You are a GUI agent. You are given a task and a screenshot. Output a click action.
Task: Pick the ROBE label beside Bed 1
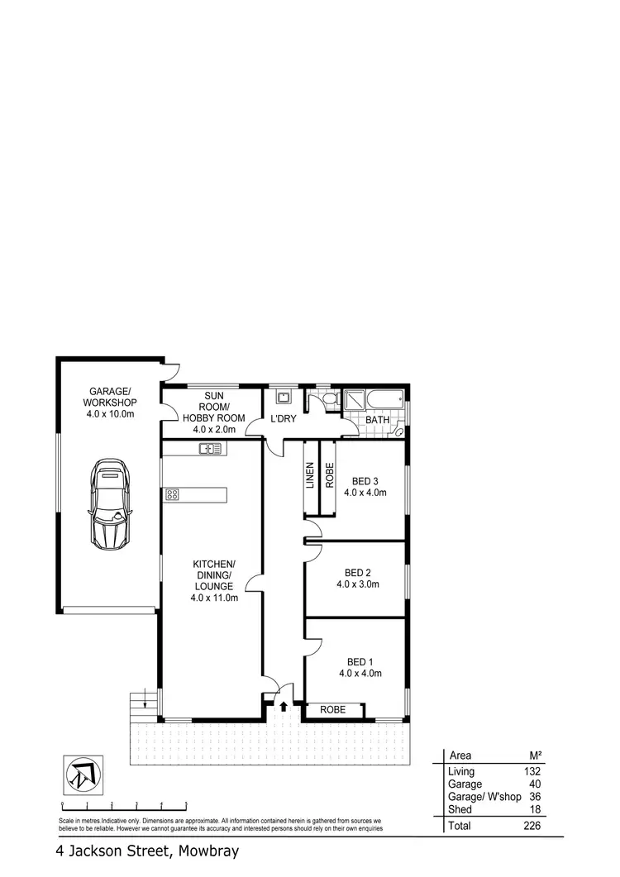point(335,710)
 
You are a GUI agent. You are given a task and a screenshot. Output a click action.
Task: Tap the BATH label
point(378,420)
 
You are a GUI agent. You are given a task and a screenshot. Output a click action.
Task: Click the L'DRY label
point(284,419)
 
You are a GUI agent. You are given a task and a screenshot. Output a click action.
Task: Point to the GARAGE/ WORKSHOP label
point(110,396)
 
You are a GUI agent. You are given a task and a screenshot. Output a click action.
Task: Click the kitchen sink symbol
point(211,449)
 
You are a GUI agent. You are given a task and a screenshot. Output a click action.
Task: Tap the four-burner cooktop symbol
point(173,494)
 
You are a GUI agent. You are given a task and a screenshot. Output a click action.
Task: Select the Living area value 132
point(531,771)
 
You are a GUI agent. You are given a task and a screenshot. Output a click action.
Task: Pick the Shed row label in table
point(459,809)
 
